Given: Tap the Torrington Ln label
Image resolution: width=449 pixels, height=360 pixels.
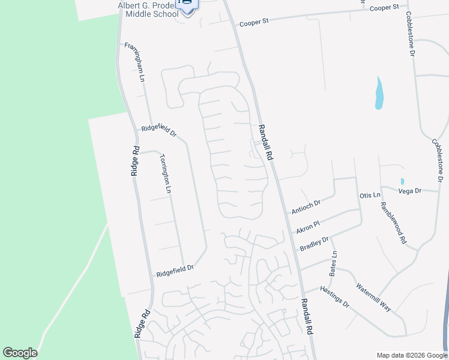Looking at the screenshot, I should [165, 174].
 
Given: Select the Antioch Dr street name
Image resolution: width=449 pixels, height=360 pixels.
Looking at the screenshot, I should [306, 206].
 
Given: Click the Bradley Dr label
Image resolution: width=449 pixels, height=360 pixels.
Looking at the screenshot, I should [314, 244].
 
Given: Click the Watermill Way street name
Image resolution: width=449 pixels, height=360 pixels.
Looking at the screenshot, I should [373, 296].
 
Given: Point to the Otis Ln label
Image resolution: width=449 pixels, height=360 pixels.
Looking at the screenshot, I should [370, 196].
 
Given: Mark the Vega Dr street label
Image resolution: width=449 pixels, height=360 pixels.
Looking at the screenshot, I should [410, 190].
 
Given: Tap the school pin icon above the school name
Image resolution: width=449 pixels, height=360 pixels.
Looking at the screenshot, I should [187, 5].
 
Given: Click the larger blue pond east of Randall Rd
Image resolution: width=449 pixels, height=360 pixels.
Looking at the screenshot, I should [379, 94].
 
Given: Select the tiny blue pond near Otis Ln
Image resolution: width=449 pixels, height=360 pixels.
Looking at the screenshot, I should [402, 181].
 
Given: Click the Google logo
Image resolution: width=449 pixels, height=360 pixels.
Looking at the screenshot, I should [20, 353].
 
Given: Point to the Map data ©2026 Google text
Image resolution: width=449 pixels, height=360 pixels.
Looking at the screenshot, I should [412, 355].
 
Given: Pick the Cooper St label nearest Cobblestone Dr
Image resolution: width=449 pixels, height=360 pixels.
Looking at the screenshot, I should [384, 8].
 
